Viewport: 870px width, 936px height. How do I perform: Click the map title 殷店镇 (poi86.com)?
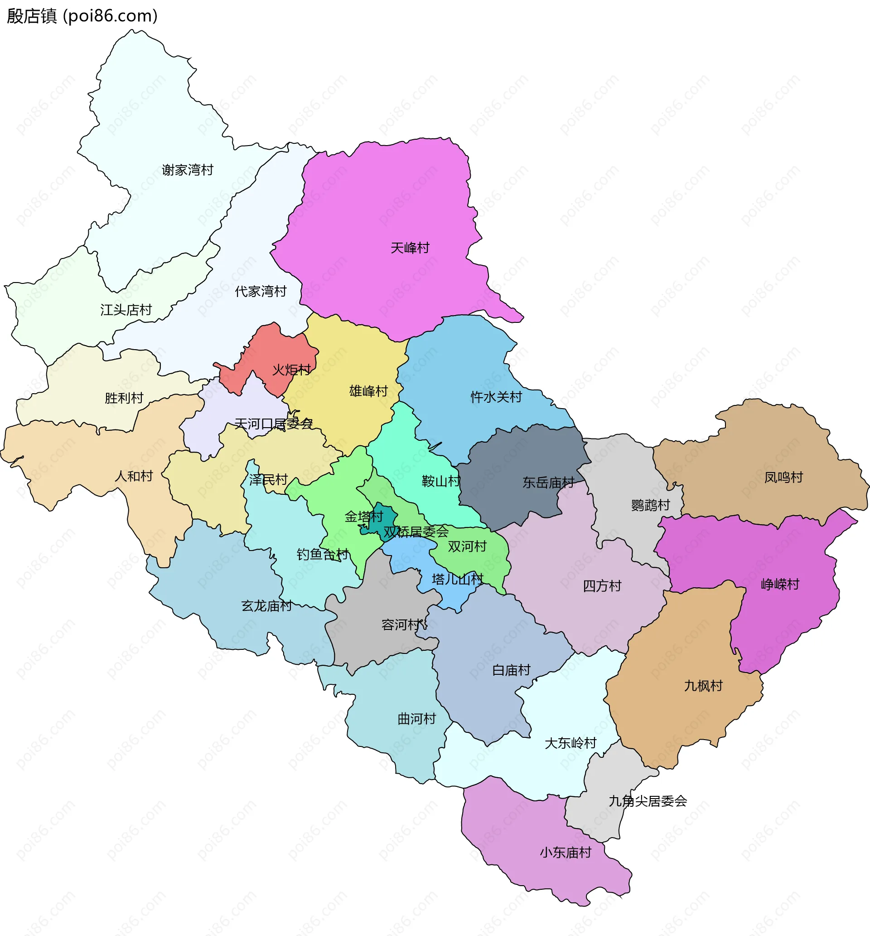click(82, 16)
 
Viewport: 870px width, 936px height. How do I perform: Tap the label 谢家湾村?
click(187, 170)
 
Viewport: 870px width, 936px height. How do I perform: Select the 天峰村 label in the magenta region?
click(409, 248)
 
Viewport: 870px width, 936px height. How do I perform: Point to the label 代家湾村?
click(260, 292)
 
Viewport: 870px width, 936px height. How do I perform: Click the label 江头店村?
click(126, 310)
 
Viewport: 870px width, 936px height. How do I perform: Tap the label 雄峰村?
click(368, 391)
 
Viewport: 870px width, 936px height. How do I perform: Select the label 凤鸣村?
click(783, 478)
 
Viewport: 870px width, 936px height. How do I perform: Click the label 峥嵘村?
click(780, 584)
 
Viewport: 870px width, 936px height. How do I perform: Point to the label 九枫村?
click(702, 686)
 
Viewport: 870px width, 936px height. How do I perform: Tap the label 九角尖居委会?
click(648, 801)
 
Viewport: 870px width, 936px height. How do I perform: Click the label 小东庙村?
click(565, 852)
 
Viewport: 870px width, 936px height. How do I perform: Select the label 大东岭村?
click(570, 743)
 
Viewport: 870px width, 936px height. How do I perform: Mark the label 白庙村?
click(511, 670)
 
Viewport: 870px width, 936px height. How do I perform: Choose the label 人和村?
click(134, 476)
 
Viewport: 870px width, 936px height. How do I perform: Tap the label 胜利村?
click(124, 398)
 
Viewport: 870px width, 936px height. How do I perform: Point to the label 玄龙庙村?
click(266, 606)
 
